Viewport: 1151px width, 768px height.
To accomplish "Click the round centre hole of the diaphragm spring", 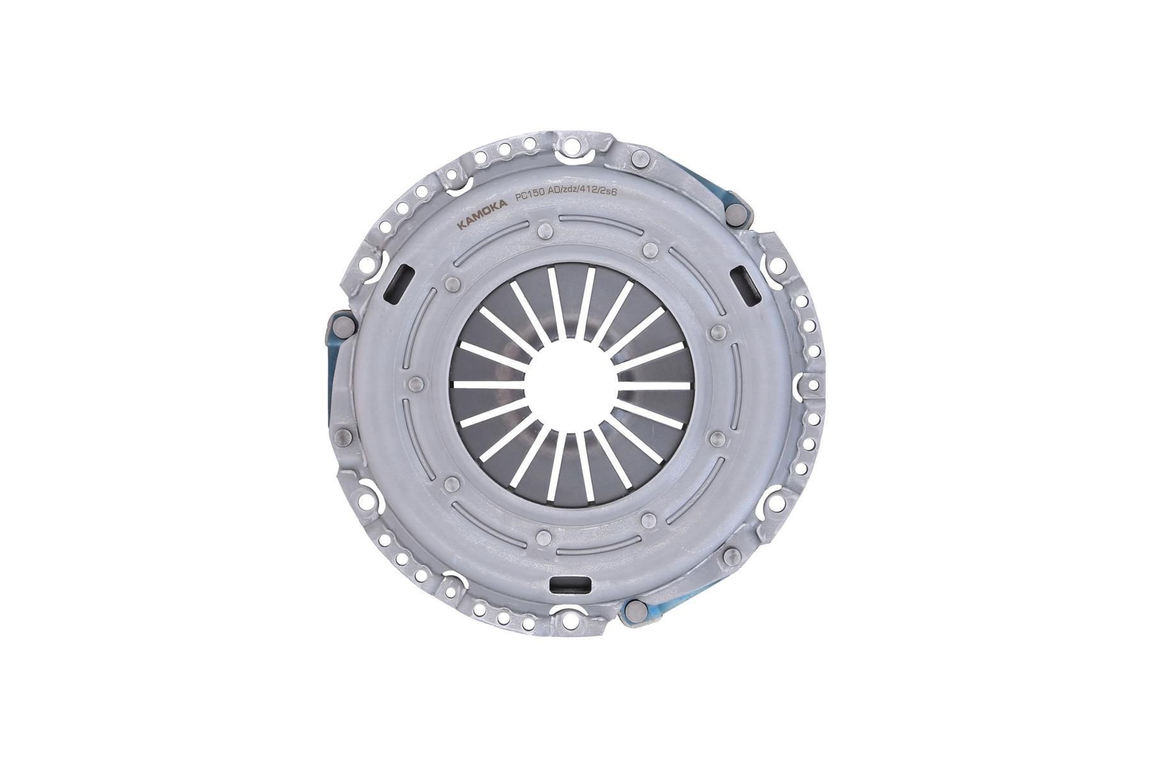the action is (570, 384).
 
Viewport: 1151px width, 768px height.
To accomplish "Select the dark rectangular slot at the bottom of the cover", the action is (570, 584).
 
